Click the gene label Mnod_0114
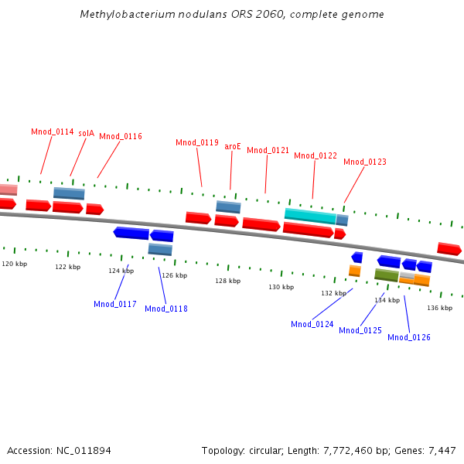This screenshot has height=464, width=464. (53, 131)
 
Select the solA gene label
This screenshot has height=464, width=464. (86, 133)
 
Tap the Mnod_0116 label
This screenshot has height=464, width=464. (121, 136)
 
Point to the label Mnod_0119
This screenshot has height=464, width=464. (197, 142)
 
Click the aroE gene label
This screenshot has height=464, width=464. (233, 146)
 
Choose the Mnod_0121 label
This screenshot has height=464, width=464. (268, 150)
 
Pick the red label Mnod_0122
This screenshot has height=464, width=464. (316, 155)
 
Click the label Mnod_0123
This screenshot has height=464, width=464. (365, 162)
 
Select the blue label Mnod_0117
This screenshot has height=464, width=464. (115, 304)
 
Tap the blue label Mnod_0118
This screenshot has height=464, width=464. (166, 309)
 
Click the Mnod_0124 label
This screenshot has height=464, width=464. (312, 324)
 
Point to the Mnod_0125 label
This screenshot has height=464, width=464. (360, 330)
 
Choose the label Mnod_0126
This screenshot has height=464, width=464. (409, 337)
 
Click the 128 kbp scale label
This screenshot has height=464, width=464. (227, 281)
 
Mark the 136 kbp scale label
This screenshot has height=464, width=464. (439, 308)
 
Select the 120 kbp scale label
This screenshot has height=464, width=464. (14, 264)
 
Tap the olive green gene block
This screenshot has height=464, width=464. (387, 275)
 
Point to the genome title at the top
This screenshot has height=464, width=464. (232, 15)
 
